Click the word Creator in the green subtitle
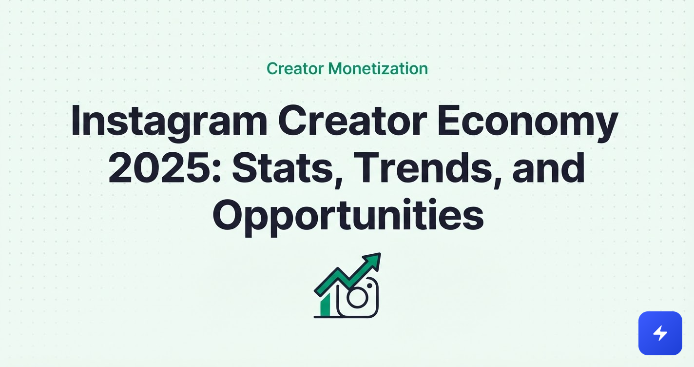[x=295, y=68]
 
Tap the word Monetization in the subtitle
[x=378, y=68]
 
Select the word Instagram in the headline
[x=169, y=122]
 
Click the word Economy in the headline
[x=528, y=122]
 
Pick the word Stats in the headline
[x=283, y=168]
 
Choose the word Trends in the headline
[x=423, y=168]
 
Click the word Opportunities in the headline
[x=348, y=216]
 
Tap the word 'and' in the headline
[x=548, y=168]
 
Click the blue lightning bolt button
[x=660, y=333]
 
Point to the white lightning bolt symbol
[x=660, y=333]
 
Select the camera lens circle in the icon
[x=357, y=298]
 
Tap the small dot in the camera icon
[x=369, y=285]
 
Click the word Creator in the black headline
[x=352, y=122]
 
